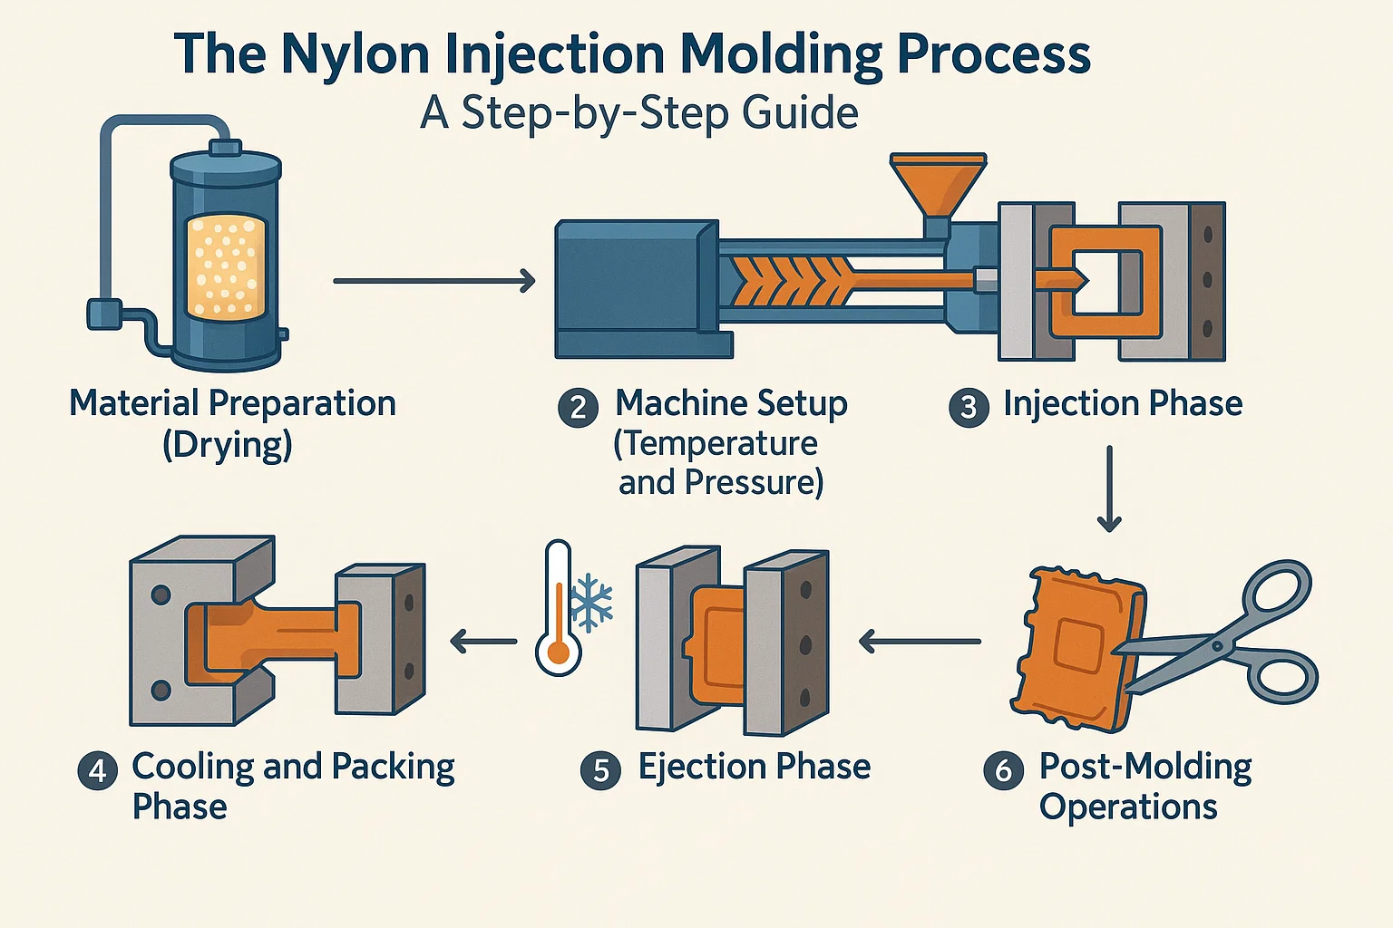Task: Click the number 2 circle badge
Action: click(578, 408)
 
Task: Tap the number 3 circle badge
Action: click(968, 408)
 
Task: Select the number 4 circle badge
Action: click(97, 770)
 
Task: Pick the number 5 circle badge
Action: click(600, 770)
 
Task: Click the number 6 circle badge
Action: click(1003, 770)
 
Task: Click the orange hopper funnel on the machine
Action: click(938, 182)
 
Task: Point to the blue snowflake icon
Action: click(594, 602)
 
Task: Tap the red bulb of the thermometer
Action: click(558, 652)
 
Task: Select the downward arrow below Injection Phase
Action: click(1108, 488)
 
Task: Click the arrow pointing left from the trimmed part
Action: click(919, 643)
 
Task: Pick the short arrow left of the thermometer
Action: click(482, 643)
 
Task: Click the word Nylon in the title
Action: click(355, 54)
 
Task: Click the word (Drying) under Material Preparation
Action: click(227, 446)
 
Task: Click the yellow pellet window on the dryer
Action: click(226, 267)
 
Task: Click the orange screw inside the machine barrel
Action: click(789, 280)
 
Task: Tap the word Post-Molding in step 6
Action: click(1145, 767)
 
